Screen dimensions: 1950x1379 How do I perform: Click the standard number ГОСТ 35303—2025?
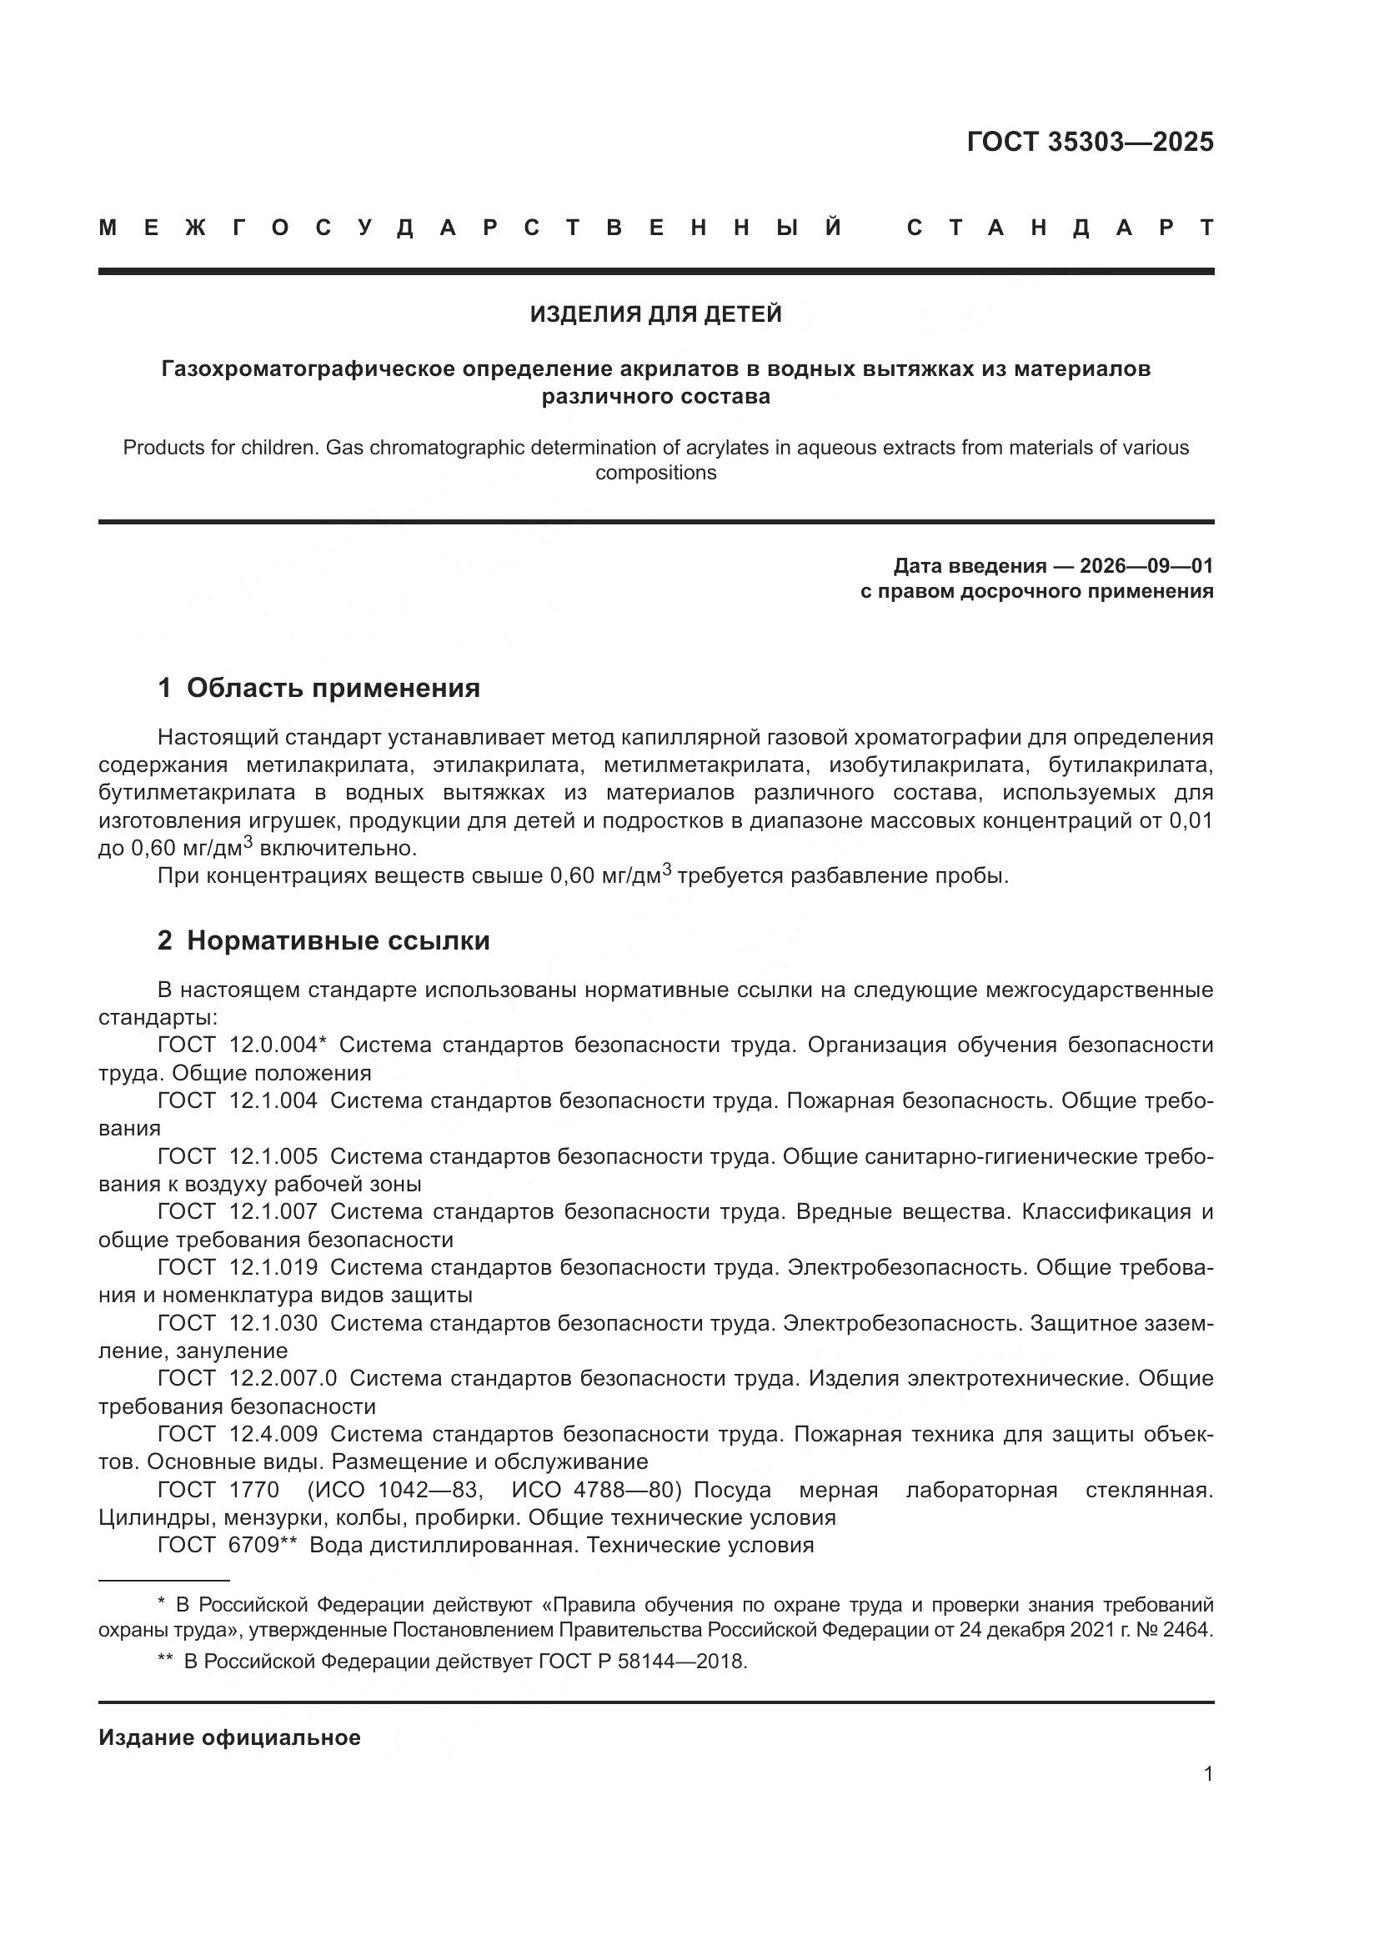tap(1090, 142)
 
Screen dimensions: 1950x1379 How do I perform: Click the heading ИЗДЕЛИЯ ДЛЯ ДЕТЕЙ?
tap(655, 314)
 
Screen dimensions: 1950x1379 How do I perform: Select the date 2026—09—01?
tap(1146, 565)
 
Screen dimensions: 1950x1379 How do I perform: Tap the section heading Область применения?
tap(333, 688)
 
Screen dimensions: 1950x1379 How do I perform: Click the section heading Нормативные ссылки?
tap(338, 941)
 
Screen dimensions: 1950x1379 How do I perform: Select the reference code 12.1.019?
tap(273, 1267)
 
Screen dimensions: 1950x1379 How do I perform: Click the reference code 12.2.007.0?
tap(283, 1377)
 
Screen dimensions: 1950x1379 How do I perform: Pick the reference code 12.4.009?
tap(273, 1434)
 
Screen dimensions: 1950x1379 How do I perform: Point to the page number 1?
tap(1207, 1773)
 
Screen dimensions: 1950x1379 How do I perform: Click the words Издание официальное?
tap(229, 1737)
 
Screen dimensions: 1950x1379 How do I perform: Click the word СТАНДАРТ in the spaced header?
tap(1060, 228)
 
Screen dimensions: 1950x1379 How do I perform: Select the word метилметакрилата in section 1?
tap(703, 765)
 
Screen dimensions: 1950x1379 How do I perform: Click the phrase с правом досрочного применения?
tap(1036, 591)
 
